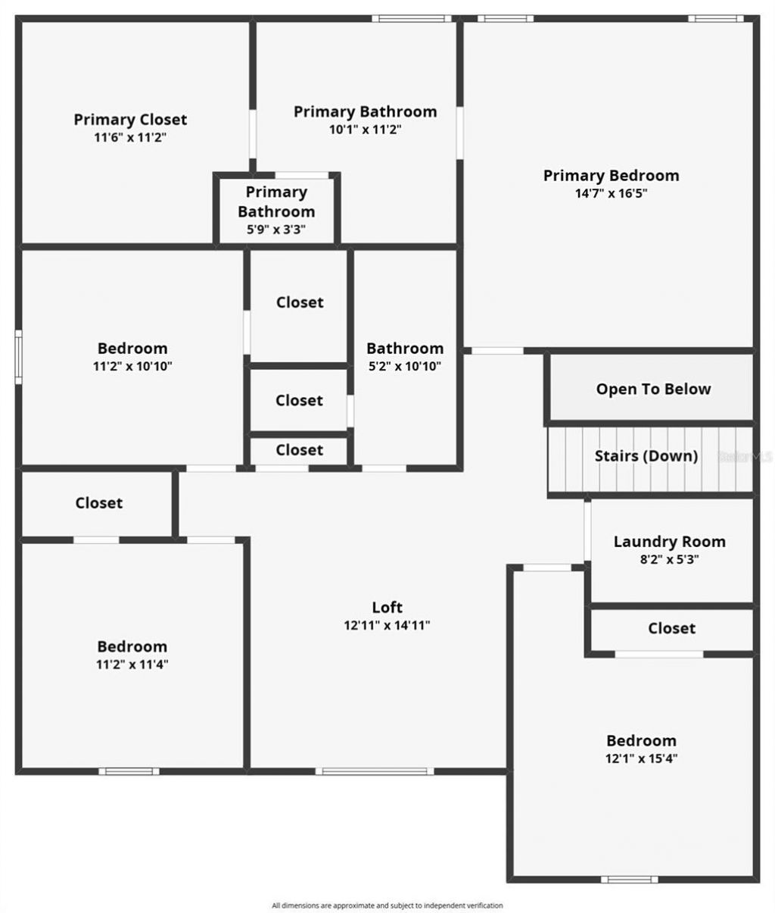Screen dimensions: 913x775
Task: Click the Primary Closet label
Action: [130, 120]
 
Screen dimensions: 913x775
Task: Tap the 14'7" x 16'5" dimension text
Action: [611, 193]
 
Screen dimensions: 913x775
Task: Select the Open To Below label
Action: [653, 389]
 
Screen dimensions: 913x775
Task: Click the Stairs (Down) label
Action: [646, 456]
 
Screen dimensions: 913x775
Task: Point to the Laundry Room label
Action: [669, 542]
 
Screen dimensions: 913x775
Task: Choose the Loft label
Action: [387, 607]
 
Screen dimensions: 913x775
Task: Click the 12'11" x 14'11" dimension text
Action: [387, 625]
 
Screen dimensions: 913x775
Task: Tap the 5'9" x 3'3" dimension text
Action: [276, 229]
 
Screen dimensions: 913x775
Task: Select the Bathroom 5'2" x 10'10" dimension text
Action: [405, 366]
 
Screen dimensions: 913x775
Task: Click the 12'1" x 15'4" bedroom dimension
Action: [641, 758]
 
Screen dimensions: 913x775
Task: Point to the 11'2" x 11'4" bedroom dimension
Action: [132, 664]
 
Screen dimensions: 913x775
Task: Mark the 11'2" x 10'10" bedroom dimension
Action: [132, 366]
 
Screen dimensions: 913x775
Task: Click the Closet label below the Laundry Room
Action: [671, 628]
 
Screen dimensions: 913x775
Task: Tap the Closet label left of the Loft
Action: [98, 503]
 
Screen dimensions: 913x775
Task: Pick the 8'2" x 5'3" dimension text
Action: [669, 560]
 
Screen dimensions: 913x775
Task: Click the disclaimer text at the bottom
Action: [387, 905]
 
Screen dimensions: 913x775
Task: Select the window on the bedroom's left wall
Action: [19, 356]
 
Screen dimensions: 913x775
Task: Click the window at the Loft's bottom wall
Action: [375, 771]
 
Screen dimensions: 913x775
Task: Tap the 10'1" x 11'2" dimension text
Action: [365, 130]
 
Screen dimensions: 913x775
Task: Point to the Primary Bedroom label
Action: [611, 176]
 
